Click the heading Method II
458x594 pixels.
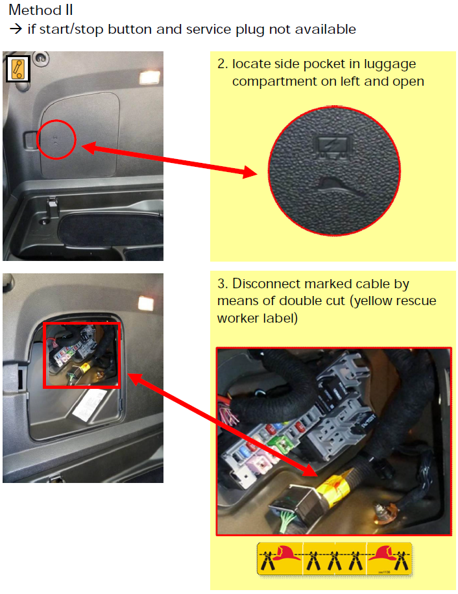tap(41, 10)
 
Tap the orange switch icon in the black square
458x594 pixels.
tap(18, 69)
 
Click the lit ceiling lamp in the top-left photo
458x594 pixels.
tap(149, 78)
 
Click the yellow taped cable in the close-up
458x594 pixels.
tap(336, 488)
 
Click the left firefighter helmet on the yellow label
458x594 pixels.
tap(286, 553)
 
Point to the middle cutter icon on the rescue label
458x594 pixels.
tap(335, 560)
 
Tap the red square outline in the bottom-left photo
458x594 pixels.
tap(44, 355)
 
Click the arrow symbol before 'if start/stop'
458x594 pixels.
tap(16, 29)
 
